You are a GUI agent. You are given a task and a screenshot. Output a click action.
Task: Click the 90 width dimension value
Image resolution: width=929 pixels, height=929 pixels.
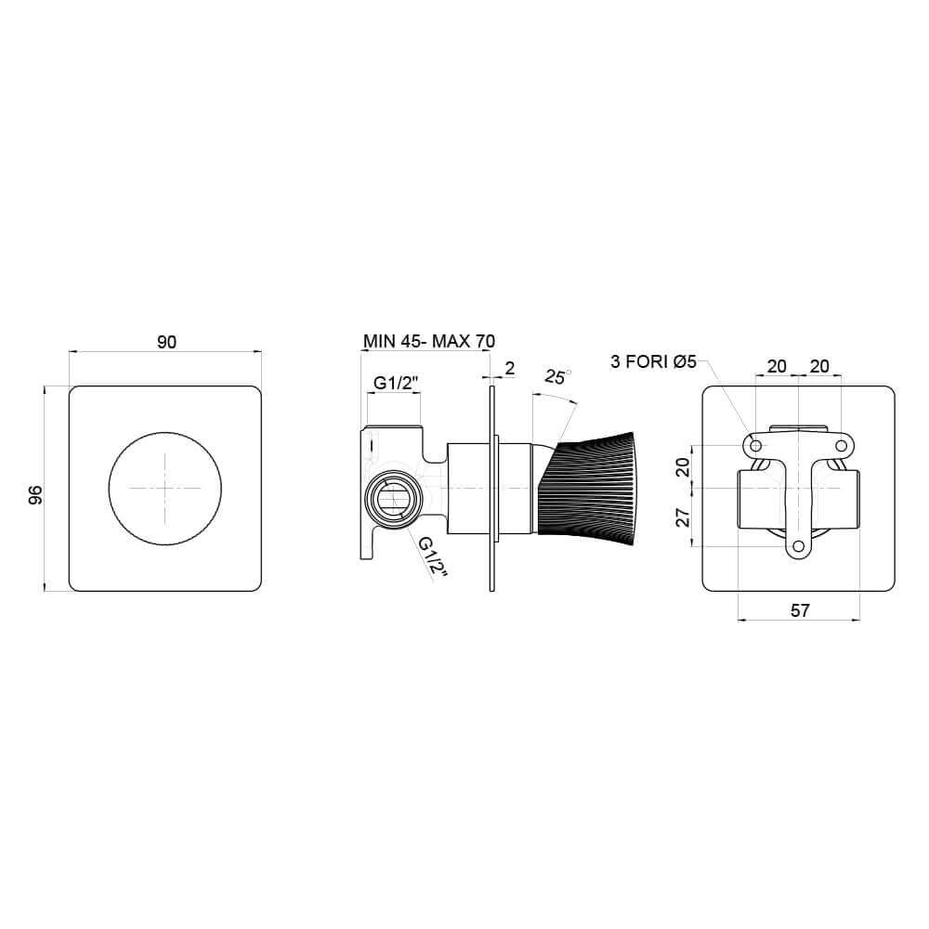click(x=165, y=342)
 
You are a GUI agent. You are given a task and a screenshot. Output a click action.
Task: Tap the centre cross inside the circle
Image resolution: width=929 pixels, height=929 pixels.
click(x=165, y=488)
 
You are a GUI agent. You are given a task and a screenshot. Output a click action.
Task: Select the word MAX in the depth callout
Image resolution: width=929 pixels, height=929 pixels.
click(x=451, y=341)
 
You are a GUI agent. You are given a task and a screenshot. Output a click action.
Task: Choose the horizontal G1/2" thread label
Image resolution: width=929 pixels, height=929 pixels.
click(x=396, y=383)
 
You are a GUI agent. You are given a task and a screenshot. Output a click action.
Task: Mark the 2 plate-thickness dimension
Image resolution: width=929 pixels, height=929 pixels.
click(x=509, y=368)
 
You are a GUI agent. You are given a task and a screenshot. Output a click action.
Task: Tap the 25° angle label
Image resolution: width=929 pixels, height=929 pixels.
click(x=558, y=378)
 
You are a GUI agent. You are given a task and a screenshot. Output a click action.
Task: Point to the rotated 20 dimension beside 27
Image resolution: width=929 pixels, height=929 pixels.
click(x=684, y=466)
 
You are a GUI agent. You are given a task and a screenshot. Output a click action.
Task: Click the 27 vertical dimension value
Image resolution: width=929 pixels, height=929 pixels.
click(x=684, y=517)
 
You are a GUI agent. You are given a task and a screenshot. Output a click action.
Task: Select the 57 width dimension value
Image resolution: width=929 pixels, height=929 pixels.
click(x=800, y=610)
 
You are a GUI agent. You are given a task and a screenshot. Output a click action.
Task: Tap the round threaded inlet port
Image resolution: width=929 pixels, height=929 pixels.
click(x=392, y=502)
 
